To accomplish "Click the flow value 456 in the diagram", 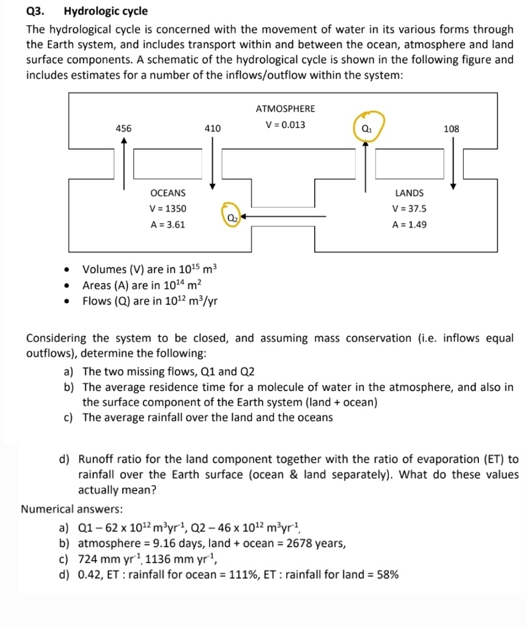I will point(124,128).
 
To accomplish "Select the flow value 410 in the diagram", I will point(213,128).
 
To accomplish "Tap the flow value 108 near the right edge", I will point(452,128).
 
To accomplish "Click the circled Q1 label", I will point(366,127).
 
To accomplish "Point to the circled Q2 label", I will point(230,216).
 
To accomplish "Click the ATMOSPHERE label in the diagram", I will point(286,109).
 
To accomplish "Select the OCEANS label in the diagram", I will point(168,193).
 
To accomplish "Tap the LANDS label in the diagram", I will point(409,193).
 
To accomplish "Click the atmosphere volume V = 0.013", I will point(286,124).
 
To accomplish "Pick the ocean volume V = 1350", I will point(168,209).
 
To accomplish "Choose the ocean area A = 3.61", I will point(168,225).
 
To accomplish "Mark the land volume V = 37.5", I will point(409,209).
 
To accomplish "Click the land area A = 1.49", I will point(409,225).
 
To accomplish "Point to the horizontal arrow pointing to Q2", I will point(284,216).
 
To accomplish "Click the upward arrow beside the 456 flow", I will point(124,164).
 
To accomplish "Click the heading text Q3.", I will point(34,11).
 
